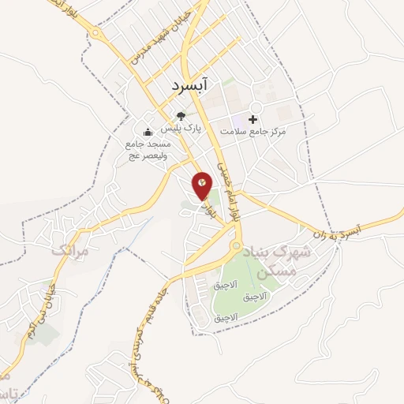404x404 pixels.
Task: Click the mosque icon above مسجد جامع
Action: pyautogui.click(x=147, y=133)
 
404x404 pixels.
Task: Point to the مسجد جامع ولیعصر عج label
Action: pyautogui.click(x=148, y=150)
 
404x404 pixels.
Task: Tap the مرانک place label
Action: pyautogui.click(x=67, y=250)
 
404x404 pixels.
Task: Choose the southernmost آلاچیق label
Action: pyautogui.click(x=226, y=318)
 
